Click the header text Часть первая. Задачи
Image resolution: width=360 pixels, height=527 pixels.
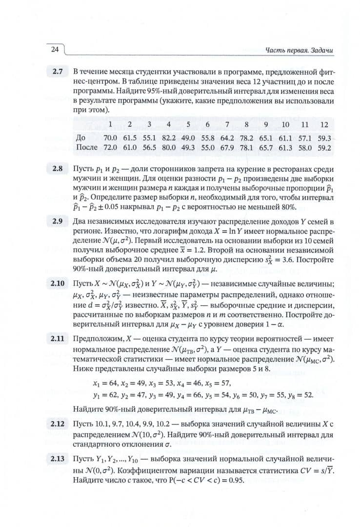tap(302, 50)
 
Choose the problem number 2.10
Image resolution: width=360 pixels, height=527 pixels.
tap(58, 283)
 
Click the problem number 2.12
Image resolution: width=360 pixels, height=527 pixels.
tap(58, 423)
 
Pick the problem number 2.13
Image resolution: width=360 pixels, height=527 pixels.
tap(58, 459)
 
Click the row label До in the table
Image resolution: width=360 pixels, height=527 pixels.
tap(81, 138)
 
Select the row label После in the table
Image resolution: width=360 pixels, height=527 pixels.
tap(87, 147)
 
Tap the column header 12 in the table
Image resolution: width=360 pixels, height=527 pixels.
tap(324, 125)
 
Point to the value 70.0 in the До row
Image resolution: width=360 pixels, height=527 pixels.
tap(111, 138)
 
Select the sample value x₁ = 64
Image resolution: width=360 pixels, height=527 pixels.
tap(106, 382)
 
